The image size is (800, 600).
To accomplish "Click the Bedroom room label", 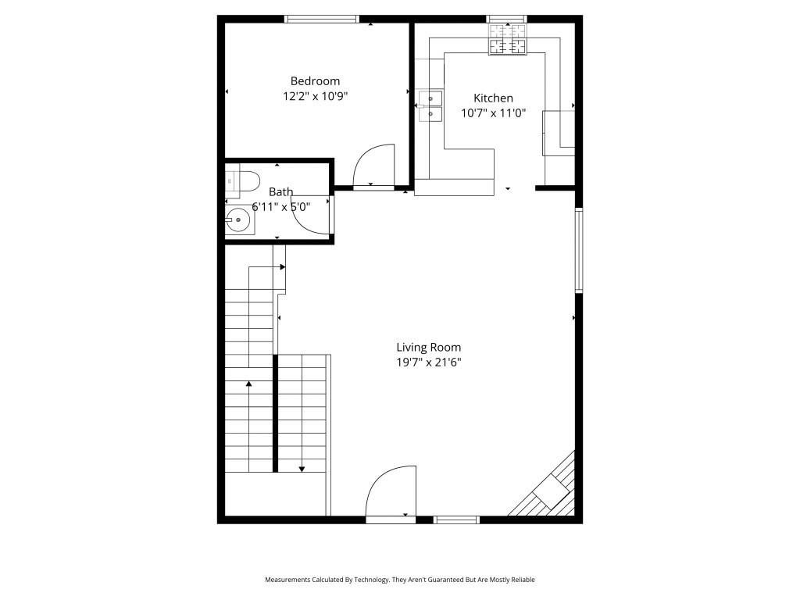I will pos(315,80).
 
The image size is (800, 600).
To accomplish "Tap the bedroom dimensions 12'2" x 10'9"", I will pos(315,97).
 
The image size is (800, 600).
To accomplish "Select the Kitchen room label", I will pos(493,98).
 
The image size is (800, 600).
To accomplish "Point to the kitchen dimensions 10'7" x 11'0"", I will pos(493,113).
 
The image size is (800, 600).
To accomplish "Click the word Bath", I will pos(280,191).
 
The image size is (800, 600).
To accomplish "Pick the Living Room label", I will pos(428,348).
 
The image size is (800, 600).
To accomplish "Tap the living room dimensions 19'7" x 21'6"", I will pos(428,362).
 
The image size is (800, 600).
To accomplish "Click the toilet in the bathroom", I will pos(243,181).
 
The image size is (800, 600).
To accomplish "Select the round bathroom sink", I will pos(237,221).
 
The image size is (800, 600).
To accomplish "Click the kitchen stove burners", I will pos(508,39).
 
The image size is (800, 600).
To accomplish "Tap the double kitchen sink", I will pos(430,106).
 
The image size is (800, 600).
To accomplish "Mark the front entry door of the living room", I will pos(391,492).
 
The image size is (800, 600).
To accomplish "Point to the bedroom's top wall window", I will pos(322,19).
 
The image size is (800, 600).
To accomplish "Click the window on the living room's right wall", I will pos(579,250).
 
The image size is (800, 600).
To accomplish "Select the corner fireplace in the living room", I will pos(552,491).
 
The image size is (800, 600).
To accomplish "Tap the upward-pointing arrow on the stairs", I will pos(249,383).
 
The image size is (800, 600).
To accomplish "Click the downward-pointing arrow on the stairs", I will pos(302,468).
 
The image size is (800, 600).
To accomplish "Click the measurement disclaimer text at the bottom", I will pos(400,580).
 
